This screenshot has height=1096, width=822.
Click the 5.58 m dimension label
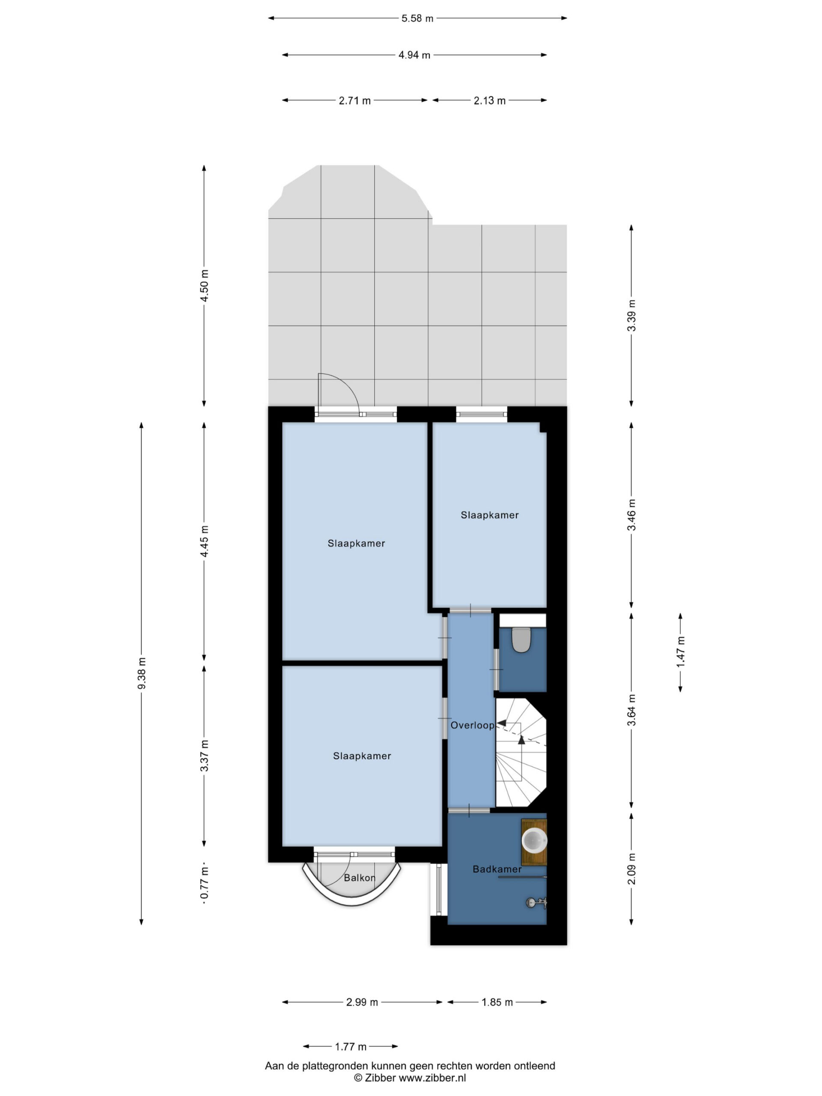pyautogui.click(x=417, y=18)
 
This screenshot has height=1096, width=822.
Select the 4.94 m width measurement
pyautogui.click(x=414, y=55)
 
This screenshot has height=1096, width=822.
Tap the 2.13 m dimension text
pyautogui.click(x=489, y=101)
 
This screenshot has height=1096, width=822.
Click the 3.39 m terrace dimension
pyautogui.click(x=631, y=316)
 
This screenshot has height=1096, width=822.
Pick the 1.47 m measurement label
pyautogui.click(x=680, y=652)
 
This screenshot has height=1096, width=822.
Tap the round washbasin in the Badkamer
pyautogui.click(x=535, y=840)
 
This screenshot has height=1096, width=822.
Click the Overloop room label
pyautogui.click(x=472, y=725)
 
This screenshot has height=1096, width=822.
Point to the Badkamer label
pyautogui.click(x=497, y=869)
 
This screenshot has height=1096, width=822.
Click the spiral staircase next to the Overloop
pyautogui.click(x=521, y=752)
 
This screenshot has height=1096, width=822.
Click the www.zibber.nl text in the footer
pyautogui.click(x=432, y=1078)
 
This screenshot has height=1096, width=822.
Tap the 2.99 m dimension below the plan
pyautogui.click(x=362, y=1002)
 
